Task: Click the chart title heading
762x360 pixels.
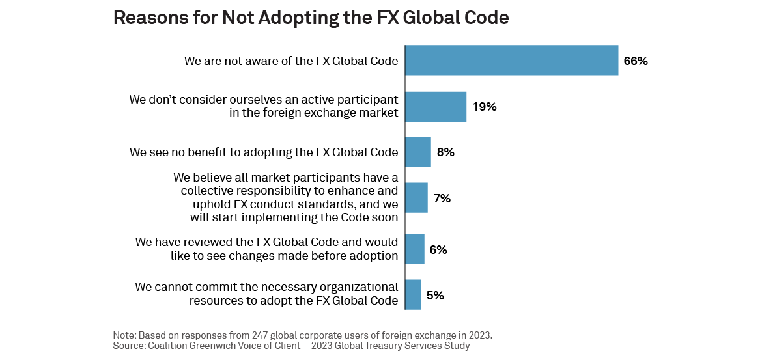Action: (x=311, y=18)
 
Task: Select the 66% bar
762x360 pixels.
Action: (x=511, y=61)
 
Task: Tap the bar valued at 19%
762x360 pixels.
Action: (x=436, y=107)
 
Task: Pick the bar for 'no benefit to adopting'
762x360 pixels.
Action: (x=418, y=152)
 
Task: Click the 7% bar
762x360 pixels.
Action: (x=416, y=198)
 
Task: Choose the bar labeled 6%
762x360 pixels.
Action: (x=415, y=249)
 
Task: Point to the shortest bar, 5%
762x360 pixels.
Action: (x=413, y=295)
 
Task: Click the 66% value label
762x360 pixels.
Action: (x=635, y=61)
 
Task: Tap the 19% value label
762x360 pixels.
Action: (x=485, y=107)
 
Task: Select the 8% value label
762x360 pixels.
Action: (x=445, y=152)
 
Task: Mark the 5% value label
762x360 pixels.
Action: (x=435, y=295)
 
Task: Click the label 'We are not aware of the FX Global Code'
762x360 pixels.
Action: (x=291, y=61)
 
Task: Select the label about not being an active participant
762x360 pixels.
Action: (x=263, y=107)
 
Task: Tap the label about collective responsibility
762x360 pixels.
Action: (x=286, y=197)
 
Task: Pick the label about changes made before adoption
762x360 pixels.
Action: (x=266, y=249)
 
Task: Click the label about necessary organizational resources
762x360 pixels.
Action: (x=266, y=294)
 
